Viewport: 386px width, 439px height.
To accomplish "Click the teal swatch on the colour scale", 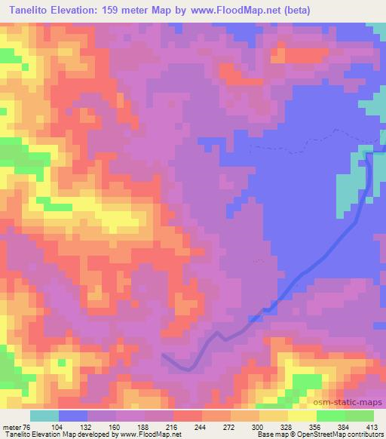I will [44, 415].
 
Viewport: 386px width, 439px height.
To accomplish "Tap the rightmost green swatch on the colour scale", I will [359, 415].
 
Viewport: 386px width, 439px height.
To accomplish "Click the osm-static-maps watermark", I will [353, 404].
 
